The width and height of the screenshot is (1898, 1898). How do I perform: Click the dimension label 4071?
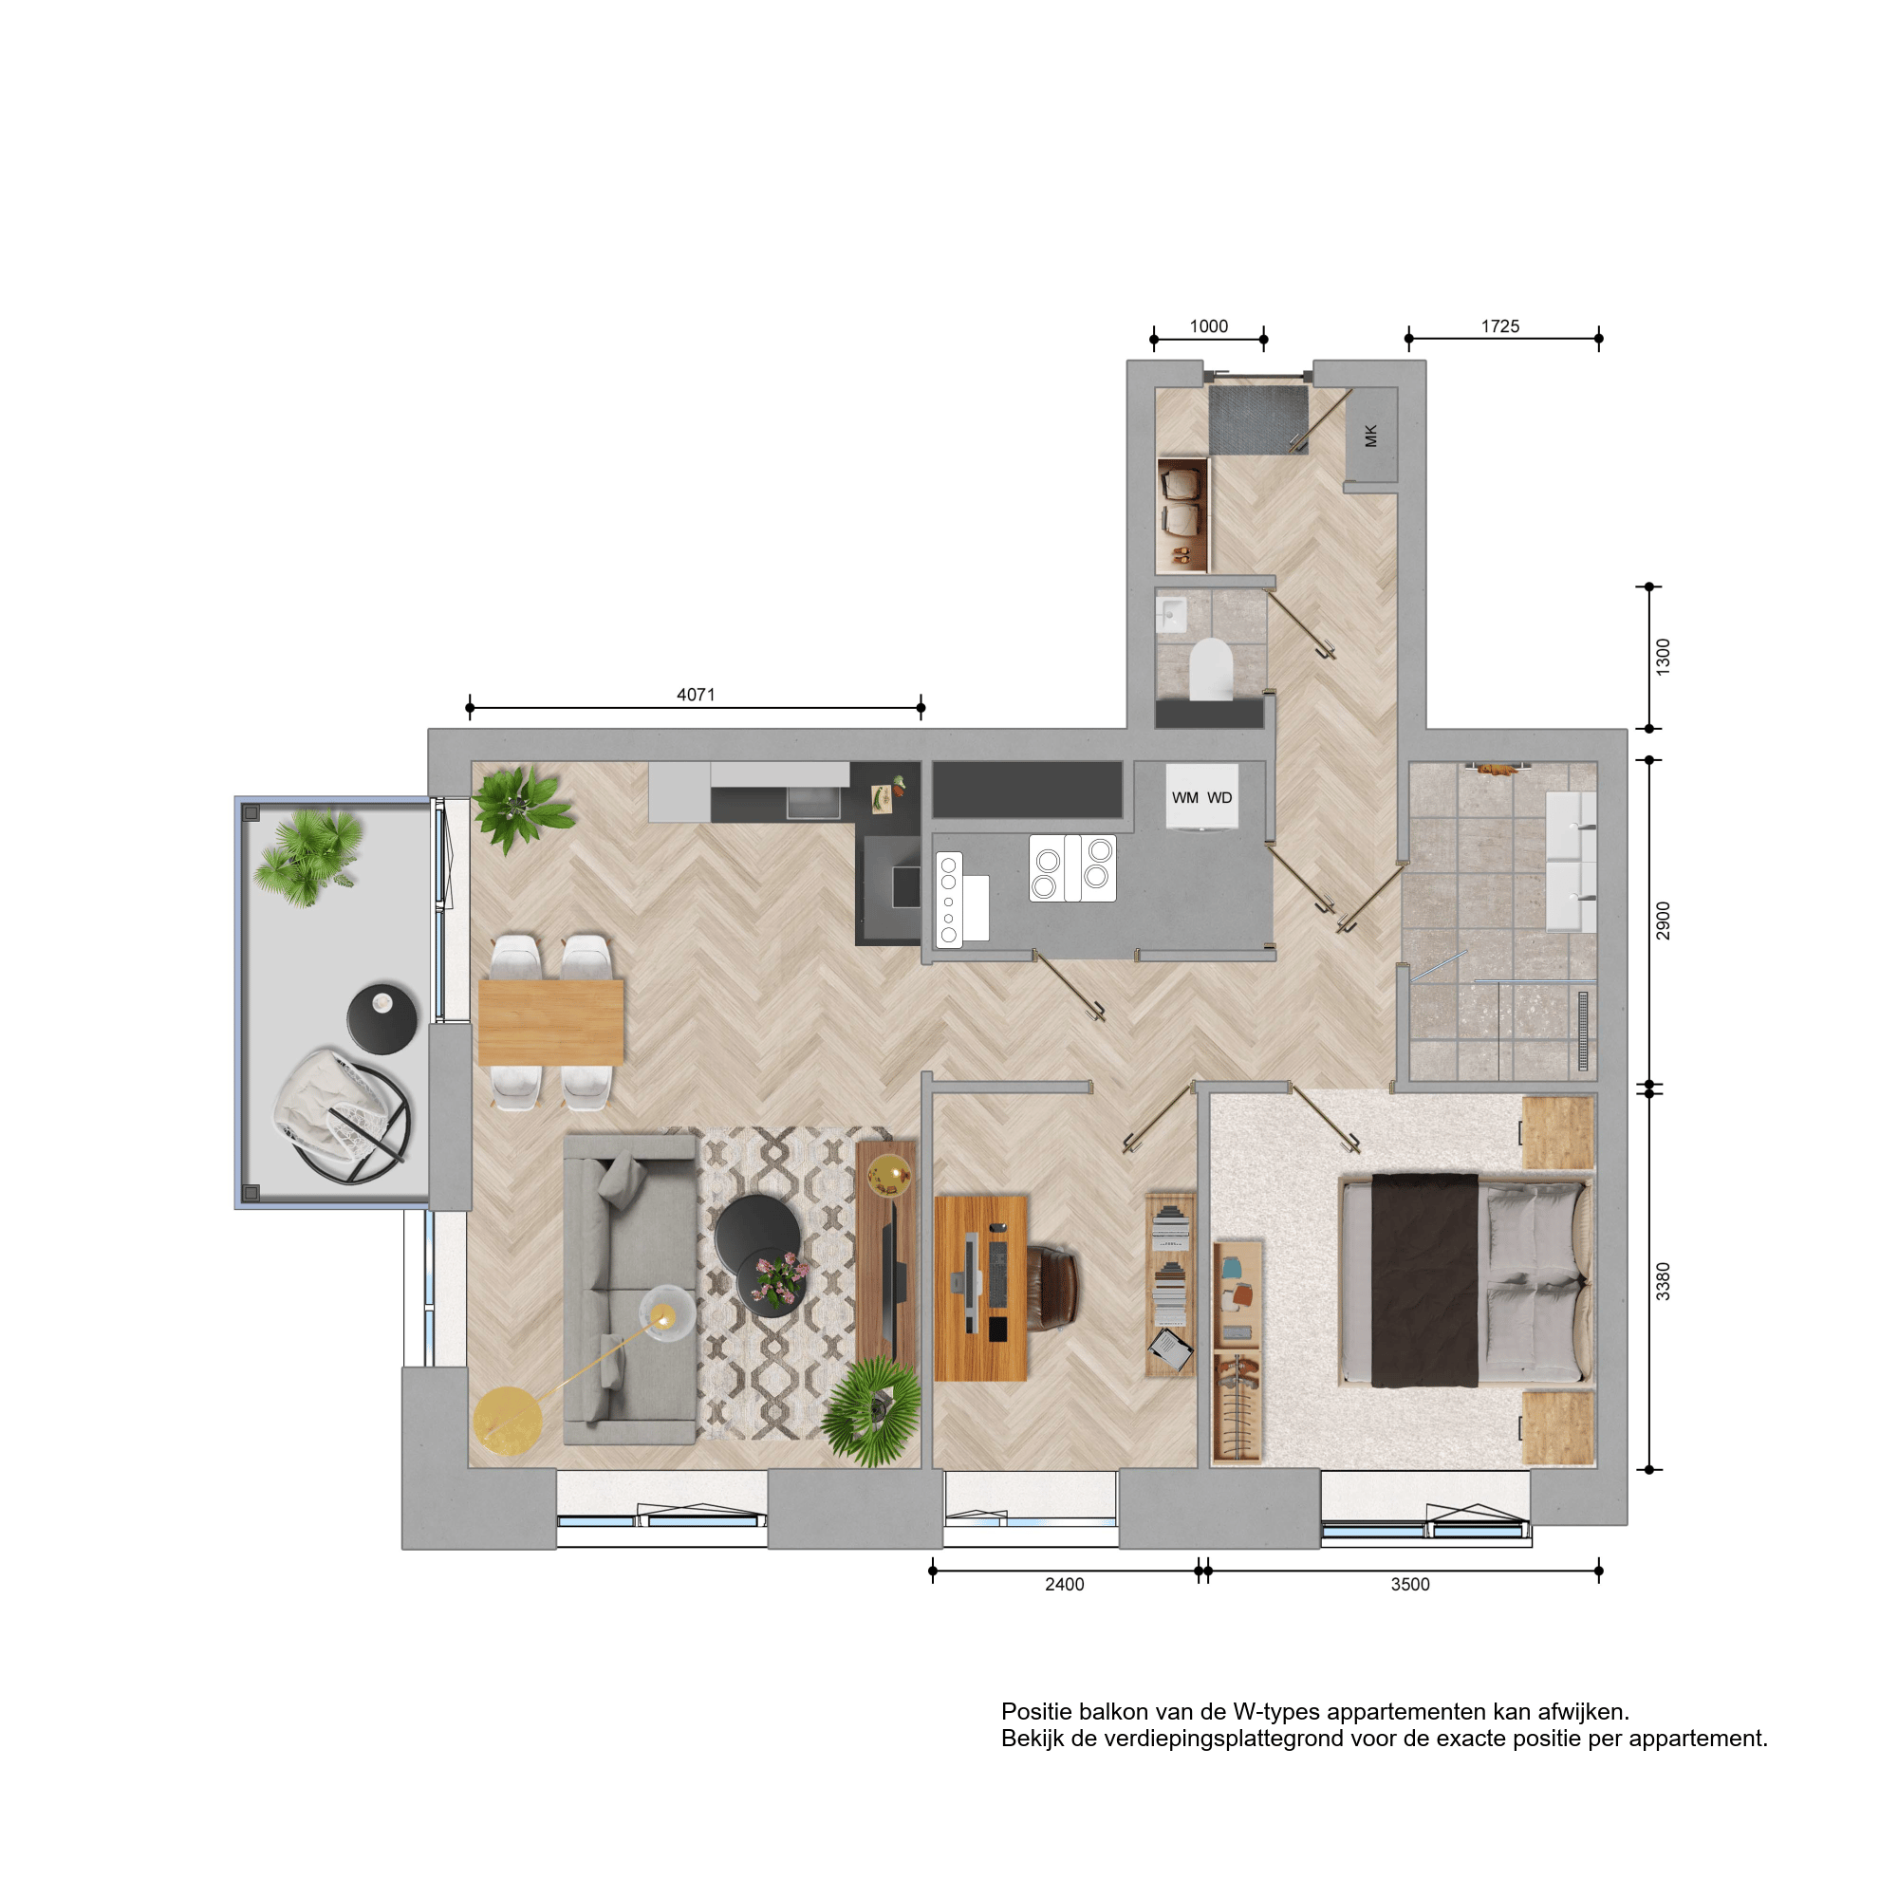tap(696, 695)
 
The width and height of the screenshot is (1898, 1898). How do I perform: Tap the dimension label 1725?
tap(1500, 326)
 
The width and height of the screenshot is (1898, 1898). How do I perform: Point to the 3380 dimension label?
tap(1663, 1281)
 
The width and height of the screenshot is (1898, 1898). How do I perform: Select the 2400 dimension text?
tap(1064, 1585)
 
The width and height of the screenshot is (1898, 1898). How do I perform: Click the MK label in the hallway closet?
tap(1371, 436)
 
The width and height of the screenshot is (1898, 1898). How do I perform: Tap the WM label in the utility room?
tap(1184, 798)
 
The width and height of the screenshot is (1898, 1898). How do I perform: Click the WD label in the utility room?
tap(1219, 798)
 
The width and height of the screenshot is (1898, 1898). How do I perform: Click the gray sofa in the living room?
tap(630, 1290)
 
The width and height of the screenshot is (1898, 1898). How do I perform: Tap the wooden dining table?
tap(551, 1022)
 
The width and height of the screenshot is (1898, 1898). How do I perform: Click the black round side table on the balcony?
tap(382, 1018)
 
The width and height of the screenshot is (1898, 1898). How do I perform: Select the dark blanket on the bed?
tap(1424, 1280)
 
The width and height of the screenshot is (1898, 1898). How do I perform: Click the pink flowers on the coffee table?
tap(778, 1279)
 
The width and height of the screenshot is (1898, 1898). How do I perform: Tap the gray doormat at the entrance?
tap(1257, 419)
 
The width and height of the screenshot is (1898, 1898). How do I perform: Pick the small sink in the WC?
tap(1171, 615)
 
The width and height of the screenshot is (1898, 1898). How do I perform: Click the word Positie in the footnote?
tap(1035, 1712)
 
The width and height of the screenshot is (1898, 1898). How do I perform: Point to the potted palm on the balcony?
tap(307, 855)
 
